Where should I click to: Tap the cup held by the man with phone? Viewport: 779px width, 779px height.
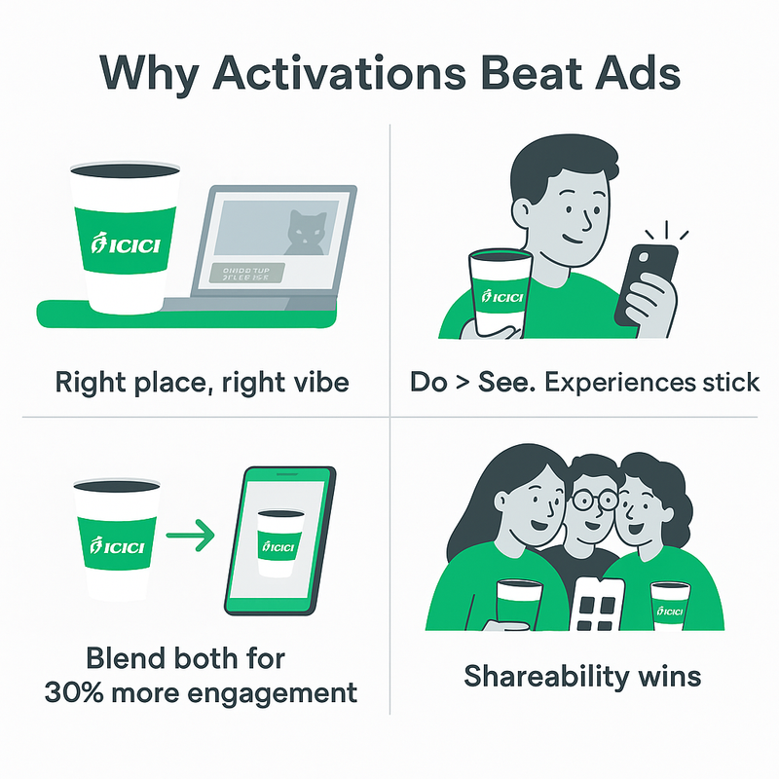tap(500, 292)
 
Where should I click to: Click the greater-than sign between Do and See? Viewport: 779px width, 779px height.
tap(462, 382)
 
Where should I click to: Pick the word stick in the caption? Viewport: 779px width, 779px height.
tap(729, 382)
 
